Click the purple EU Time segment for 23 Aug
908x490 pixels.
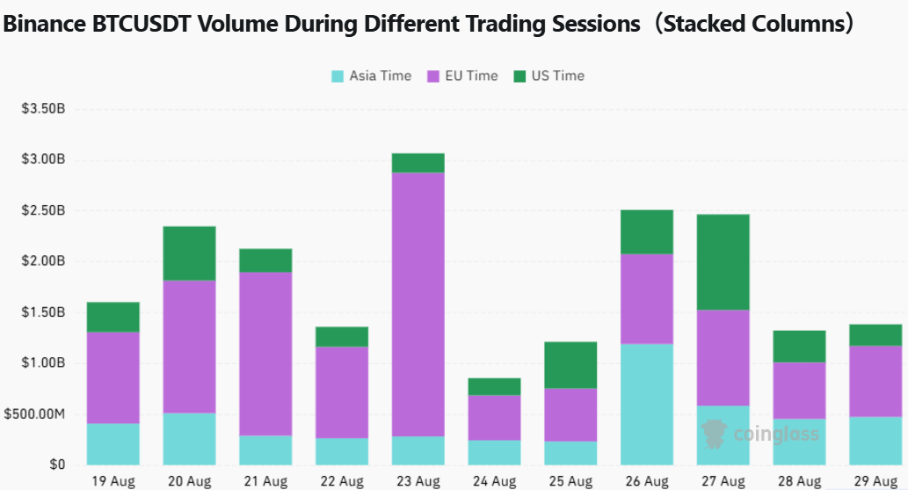point(418,304)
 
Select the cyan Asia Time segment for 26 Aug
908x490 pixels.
point(647,404)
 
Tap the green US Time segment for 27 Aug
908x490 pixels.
point(723,262)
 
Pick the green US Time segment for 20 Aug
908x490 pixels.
point(189,253)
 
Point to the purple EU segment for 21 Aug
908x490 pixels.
point(265,354)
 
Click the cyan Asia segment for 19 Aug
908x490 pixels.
point(113,444)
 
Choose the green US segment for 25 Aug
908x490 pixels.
point(570,365)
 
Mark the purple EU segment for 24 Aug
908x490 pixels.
point(495,418)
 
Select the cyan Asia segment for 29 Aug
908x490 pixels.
point(875,441)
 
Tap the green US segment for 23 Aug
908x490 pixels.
point(418,163)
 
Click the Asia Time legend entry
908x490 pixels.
point(371,76)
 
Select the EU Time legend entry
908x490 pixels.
point(462,76)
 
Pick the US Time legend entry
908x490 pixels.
point(549,76)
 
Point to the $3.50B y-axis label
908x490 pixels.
point(43,108)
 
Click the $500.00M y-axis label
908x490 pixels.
point(35,414)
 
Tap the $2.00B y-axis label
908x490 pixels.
point(43,261)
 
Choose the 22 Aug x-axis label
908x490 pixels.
point(342,481)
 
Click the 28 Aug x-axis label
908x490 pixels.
point(799,481)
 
